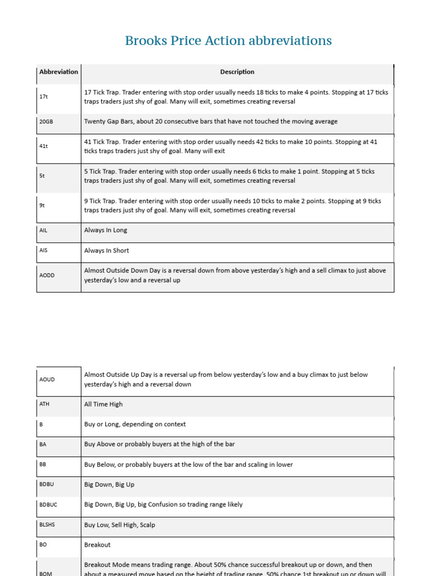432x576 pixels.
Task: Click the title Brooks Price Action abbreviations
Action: tap(228, 41)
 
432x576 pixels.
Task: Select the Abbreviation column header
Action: tap(58, 72)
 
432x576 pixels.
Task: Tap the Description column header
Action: tap(237, 72)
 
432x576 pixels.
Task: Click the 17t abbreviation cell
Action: tap(44, 97)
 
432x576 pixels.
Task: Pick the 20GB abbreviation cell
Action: tap(46, 121)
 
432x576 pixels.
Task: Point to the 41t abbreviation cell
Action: tap(44, 146)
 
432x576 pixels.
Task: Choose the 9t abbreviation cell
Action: tap(42, 205)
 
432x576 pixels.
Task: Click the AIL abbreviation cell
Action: tap(44, 230)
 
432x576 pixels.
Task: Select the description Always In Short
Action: tap(107, 251)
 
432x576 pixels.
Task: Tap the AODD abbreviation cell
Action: tap(47, 275)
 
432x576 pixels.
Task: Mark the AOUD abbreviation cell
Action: tap(47, 380)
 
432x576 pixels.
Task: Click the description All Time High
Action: tap(103, 404)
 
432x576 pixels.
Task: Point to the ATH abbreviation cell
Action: tap(45, 404)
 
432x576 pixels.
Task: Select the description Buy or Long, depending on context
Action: tap(135, 425)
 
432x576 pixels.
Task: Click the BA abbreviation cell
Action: tap(43, 444)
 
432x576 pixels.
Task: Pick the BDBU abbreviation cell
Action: tap(47, 484)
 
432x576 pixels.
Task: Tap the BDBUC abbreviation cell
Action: tap(48, 505)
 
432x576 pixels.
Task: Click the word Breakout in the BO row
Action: tap(97, 545)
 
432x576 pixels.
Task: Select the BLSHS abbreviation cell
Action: tap(47, 525)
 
